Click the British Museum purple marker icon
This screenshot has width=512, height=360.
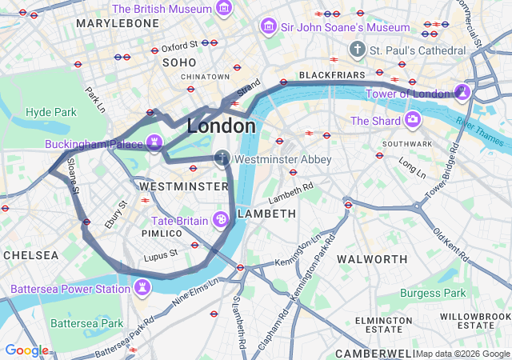[224, 9]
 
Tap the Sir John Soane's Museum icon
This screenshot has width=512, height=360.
[268, 27]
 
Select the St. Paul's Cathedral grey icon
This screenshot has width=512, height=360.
[357, 50]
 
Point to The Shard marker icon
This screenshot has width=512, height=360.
[413, 121]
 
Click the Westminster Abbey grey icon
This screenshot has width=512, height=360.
[222, 159]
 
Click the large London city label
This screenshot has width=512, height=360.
[222, 126]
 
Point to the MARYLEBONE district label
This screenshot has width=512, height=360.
[118, 23]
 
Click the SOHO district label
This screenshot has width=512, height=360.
[179, 62]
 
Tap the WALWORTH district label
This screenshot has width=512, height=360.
[372, 259]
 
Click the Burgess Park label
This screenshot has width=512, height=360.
[433, 294]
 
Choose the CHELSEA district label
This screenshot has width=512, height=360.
[30, 255]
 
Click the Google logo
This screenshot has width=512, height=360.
[26, 350]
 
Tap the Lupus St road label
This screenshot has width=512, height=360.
[160, 258]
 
